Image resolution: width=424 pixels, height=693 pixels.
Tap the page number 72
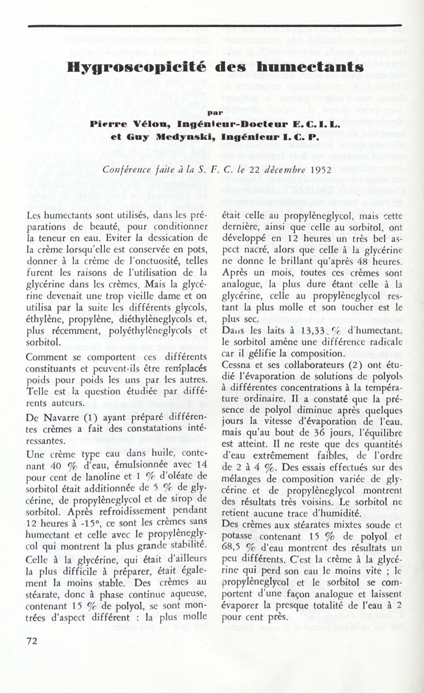coord(32,641)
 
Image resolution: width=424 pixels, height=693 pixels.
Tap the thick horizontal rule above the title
coord(214,25)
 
